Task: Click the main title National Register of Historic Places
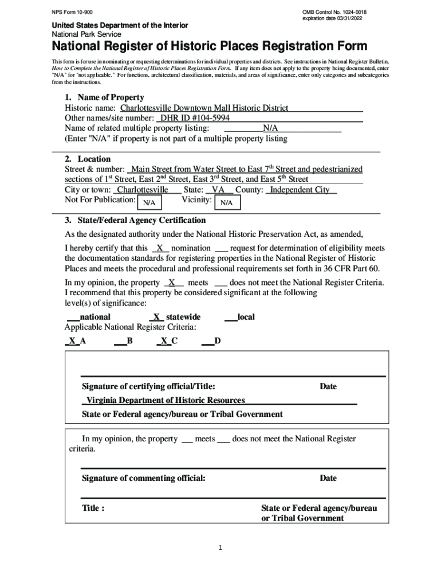point(210,46)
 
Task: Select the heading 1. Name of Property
point(104,97)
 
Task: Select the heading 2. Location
point(88,159)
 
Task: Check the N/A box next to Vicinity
point(226,203)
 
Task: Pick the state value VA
point(218,190)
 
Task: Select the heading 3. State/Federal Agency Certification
point(135,220)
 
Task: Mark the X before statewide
point(156,317)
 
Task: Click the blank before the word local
point(230,317)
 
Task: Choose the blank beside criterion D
point(207,341)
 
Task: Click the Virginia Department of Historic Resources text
point(166,400)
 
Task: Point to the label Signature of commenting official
point(143,478)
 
